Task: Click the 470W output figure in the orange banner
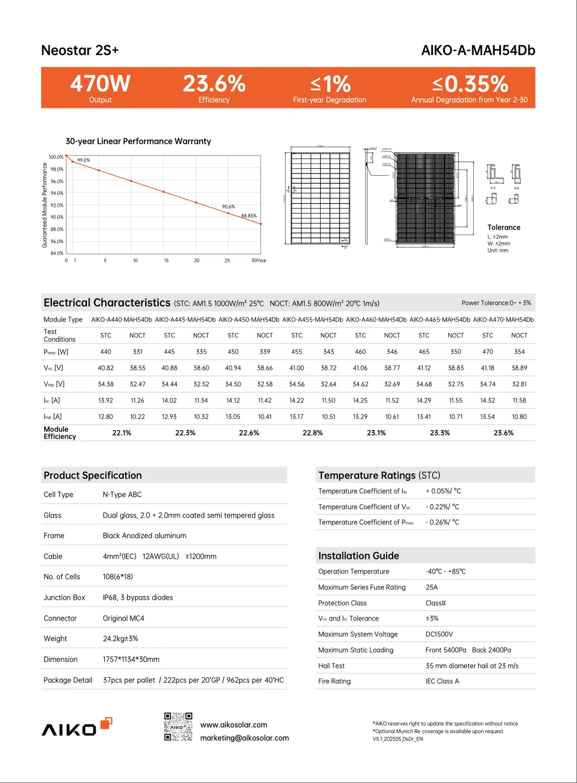[x=100, y=84]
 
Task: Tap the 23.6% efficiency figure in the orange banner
[x=214, y=84]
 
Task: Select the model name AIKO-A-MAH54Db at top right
[x=478, y=50]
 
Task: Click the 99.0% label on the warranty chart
[x=84, y=160]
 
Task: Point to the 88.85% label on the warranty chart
[x=249, y=216]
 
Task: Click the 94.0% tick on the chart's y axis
[x=57, y=193]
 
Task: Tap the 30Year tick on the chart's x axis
[x=259, y=260]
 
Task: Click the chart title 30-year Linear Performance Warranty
[x=138, y=141]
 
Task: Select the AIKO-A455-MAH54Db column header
[x=312, y=320]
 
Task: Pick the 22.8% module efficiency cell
[x=312, y=433]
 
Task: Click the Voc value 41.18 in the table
[x=487, y=368]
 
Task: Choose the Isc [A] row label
[x=51, y=400]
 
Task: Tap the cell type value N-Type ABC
[x=122, y=495]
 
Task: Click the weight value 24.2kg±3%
[x=120, y=639]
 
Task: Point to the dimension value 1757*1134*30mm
[x=131, y=660]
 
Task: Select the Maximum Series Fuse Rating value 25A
[x=431, y=587]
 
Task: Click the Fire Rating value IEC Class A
[x=442, y=681]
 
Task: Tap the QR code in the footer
[x=178, y=727]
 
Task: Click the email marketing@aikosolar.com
[x=244, y=738]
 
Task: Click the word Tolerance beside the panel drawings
[x=504, y=228]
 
